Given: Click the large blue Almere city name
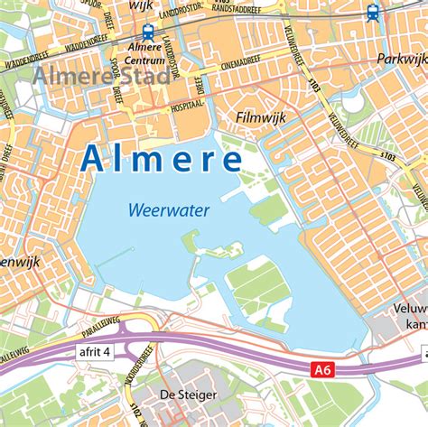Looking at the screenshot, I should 161,158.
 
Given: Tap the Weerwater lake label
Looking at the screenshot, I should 168,210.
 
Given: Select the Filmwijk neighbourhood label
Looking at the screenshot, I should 260,117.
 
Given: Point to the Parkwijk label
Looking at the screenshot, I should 401,59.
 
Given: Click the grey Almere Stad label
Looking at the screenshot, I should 99,75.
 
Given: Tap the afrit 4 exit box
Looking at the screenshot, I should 93,351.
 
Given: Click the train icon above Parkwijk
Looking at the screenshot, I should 373,13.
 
